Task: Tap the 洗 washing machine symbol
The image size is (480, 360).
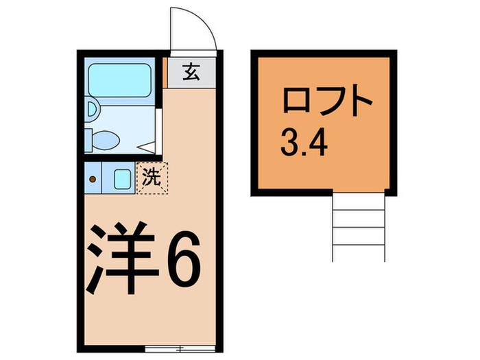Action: coord(152,178)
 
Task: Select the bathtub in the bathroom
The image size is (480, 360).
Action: coord(120,80)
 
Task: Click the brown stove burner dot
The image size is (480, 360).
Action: coord(93,179)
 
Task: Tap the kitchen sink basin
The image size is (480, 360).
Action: coord(123,179)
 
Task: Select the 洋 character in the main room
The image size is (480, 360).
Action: coord(123,257)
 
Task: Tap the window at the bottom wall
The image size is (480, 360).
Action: coord(180,348)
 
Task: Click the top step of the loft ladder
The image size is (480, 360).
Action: coord(359,201)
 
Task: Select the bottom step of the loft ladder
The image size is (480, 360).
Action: coord(359,253)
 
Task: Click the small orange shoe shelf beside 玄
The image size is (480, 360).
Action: coord(165,72)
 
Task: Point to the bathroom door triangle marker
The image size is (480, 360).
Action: coord(146,147)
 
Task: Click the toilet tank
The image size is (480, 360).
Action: coord(88,141)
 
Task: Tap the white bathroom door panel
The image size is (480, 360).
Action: coord(158,132)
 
